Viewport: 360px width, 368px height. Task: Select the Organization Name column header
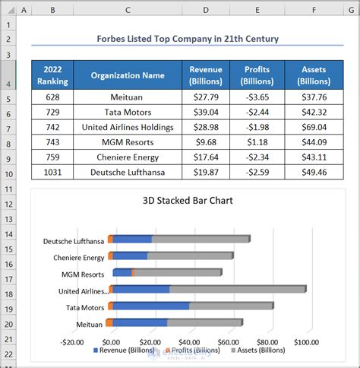(x=128, y=75)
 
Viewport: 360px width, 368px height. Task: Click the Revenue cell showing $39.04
(x=206, y=112)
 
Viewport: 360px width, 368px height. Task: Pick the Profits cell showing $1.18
(x=257, y=142)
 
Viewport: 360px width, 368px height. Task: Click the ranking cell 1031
(x=52, y=173)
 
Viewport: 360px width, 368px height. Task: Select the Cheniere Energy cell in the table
(x=128, y=157)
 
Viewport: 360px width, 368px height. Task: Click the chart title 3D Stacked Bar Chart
(x=187, y=201)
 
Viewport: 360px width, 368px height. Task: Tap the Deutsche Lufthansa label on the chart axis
(x=74, y=241)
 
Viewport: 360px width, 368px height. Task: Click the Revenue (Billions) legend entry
(x=125, y=351)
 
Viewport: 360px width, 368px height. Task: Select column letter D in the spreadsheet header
(x=206, y=10)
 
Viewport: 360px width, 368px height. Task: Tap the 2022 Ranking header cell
(x=52, y=75)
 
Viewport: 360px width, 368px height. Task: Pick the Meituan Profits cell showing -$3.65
(x=257, y=97)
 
